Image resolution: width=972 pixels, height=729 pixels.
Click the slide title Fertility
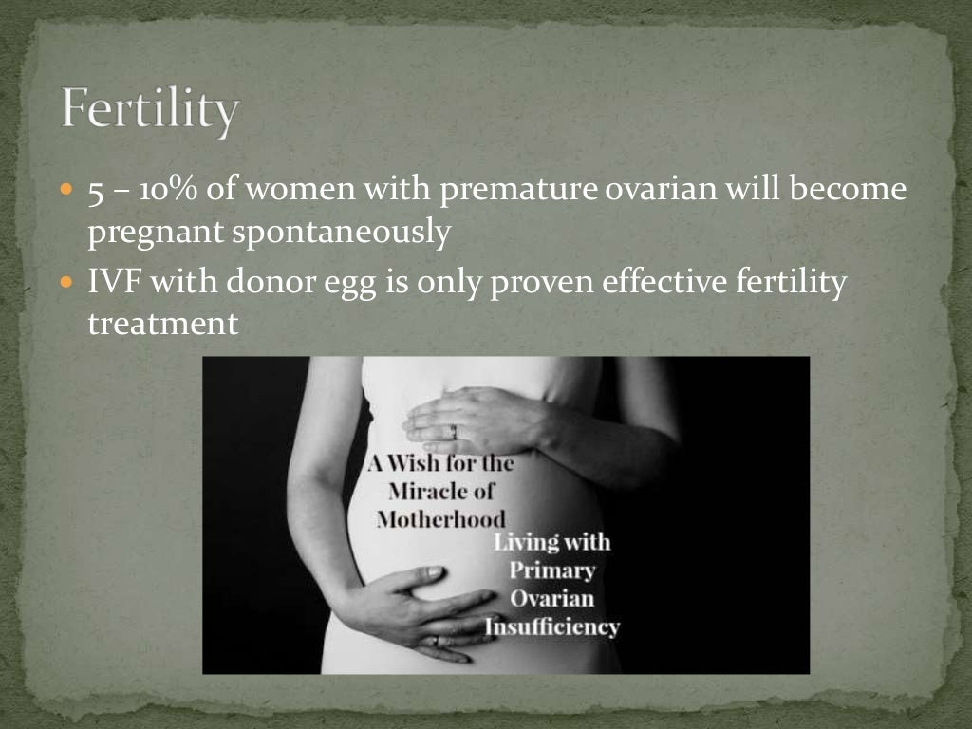click(x=150, y=111)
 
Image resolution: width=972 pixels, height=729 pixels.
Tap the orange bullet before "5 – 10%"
click(x=65, y=190)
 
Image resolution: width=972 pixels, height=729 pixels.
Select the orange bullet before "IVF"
click(x=65, y=282)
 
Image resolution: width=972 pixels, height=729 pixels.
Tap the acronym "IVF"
click(x=115, y=282)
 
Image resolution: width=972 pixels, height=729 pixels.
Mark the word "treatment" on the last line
click(x=162, y=324)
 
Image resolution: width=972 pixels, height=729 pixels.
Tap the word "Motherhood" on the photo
click(x=440, y=519)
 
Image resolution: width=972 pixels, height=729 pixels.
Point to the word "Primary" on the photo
click(x=552, y=570)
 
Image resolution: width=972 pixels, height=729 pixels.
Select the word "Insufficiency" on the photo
click(x=552, y=626)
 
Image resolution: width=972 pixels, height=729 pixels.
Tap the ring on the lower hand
click(x=437, y=642)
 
